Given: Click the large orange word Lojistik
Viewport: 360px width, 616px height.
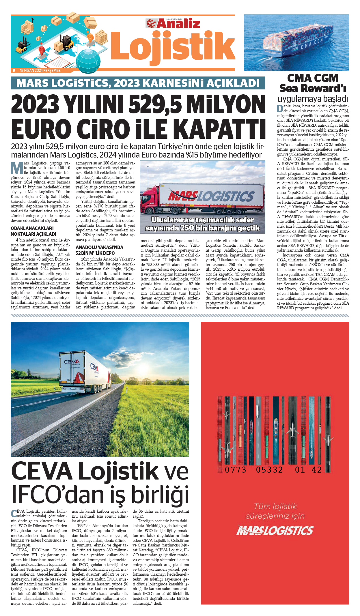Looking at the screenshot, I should click(x=173, y=46).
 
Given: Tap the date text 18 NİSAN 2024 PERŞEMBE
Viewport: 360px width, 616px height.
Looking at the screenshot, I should click(x=40, y=70).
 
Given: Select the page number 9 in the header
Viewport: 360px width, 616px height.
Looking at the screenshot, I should click(x=14, y=70).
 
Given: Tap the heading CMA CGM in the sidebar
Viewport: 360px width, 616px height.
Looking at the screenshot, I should click(x=313, y=78).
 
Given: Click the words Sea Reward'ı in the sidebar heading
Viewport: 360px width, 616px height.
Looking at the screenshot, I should click(x=313, y=88).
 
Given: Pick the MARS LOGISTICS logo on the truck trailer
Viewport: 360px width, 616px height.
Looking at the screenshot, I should click(x=211, y=196).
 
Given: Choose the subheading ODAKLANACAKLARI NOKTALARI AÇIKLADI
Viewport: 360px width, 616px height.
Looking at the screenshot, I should click(x=33, y=231).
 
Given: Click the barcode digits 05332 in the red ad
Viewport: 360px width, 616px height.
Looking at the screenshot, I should click(x=269, y=470).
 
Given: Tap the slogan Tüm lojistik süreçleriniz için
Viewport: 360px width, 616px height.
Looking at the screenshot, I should click(x=275, y=511).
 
